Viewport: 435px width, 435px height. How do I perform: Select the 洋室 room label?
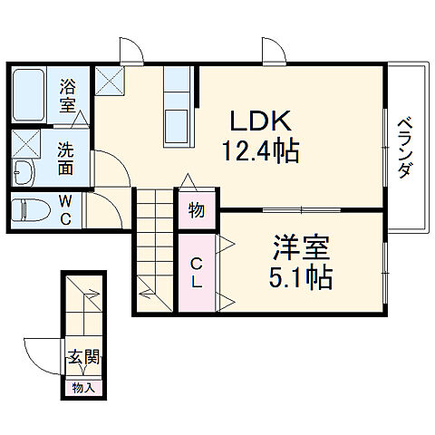[x=295, y=246]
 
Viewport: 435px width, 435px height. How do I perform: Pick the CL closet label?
[x=197, y=272]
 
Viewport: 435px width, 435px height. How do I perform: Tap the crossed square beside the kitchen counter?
[x=114, y=81]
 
